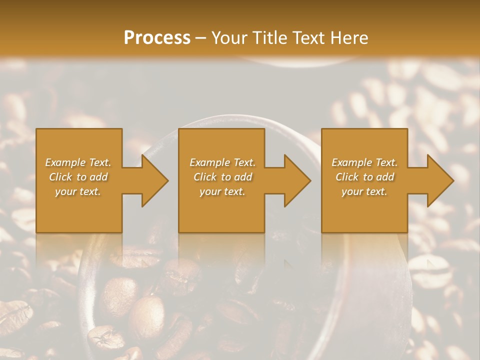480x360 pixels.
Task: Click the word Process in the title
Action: pos(157,37)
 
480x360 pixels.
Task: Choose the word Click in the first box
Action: pos(61,177)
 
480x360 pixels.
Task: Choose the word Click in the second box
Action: pos(205,177)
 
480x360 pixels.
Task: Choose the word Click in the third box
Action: pos(347,177)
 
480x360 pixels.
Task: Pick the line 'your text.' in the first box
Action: pos(78,191)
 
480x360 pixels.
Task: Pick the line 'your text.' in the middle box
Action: pos(222,191)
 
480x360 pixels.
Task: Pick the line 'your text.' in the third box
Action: pos(364,191)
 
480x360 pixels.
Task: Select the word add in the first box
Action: pos(99,177)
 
